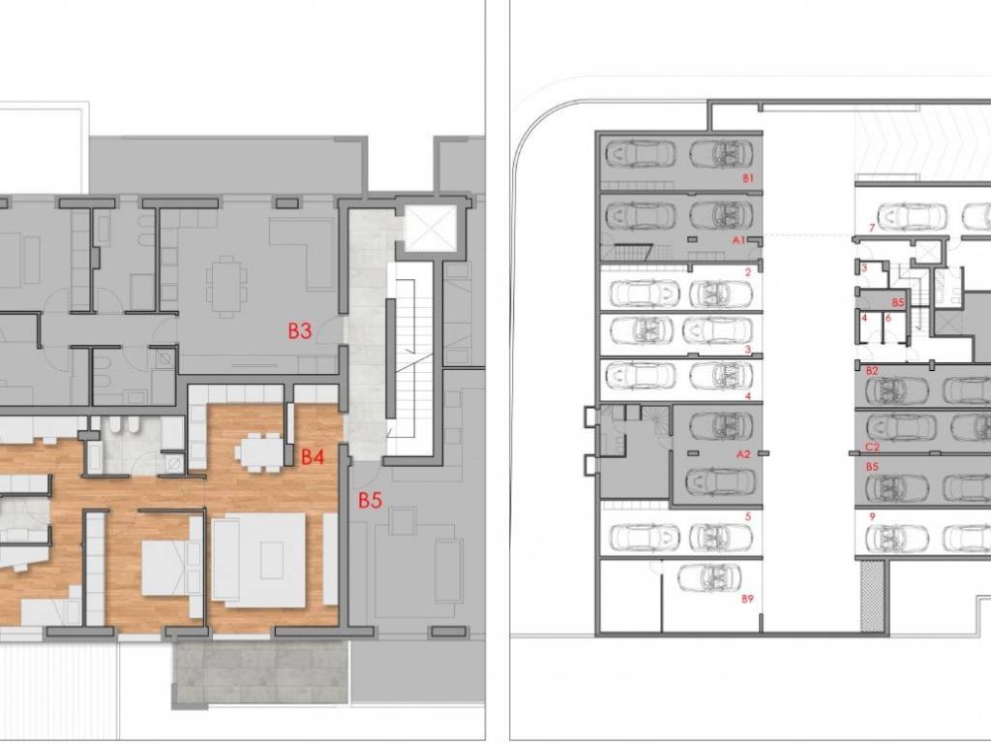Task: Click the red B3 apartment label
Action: (300, 330)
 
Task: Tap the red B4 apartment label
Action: (313, 456)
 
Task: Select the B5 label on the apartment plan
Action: (371, 501)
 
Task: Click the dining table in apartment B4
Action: (260, 452)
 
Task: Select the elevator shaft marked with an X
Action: (429, 228)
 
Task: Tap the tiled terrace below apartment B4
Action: (261, 673)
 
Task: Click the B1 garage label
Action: (748, 178)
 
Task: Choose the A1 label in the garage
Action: (738, 240)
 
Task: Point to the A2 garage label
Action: (743, 453)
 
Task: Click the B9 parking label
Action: (748, 598)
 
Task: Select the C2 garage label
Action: (872, 447)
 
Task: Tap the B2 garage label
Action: (872, 371)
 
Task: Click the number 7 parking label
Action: (872, 228)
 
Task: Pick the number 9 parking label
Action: (872, 517)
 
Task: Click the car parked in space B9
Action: (709, 577)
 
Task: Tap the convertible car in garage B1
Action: (721, 154)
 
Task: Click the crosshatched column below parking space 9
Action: (874, 599)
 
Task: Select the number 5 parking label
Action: (748, 517)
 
